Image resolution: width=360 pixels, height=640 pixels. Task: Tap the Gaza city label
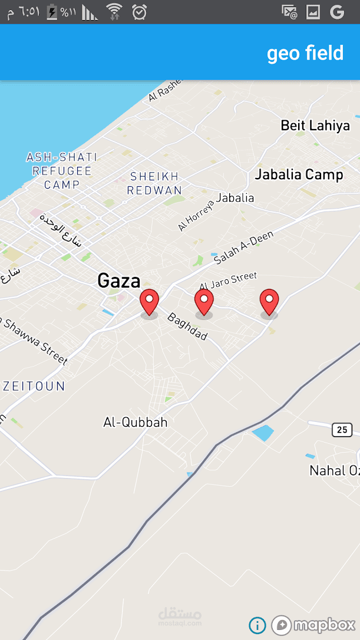119,281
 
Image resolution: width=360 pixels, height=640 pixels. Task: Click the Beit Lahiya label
315,126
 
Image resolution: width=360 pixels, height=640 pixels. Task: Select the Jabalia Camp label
299,174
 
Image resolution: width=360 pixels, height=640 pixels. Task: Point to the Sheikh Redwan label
154,183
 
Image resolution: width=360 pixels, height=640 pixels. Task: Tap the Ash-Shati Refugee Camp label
62,171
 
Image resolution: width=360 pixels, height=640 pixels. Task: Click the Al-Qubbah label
136,423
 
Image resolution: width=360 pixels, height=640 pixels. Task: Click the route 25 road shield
342,430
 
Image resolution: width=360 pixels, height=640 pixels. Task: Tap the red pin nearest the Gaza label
150,302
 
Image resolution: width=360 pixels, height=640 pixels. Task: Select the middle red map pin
204,302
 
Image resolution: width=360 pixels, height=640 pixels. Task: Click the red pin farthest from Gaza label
269,302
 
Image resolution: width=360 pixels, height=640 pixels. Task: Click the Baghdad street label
187,326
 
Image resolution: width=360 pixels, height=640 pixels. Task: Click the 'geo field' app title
305,53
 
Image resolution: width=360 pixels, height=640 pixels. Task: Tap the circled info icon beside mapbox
257,625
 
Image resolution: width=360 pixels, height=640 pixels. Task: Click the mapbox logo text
324,625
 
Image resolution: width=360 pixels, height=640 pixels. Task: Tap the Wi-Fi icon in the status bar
114,11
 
